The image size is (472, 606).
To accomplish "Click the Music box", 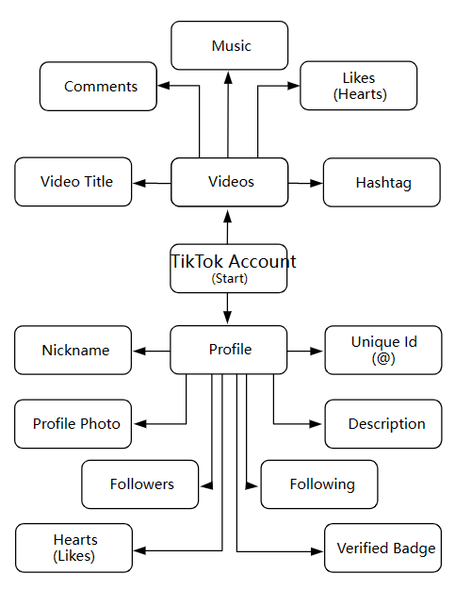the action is coord(230,45).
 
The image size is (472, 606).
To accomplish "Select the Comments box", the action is coord(98,86).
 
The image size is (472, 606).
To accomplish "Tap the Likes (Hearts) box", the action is coord(358,86).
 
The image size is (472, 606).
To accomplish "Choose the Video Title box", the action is coord(73,182).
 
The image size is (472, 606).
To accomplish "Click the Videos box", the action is coord(230,182).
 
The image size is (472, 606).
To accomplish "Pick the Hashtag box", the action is coord(382,183).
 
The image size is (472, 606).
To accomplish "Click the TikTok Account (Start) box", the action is coord(229,269).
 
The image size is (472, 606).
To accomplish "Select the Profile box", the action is coord(229,350).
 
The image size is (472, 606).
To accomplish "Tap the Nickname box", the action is coord(73,351).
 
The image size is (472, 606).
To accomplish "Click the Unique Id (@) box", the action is coord(383,351).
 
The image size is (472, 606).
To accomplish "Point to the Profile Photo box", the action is coord(73,424).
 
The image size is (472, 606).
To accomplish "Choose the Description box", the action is coord(383,424).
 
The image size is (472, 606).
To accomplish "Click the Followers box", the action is coord(139,484).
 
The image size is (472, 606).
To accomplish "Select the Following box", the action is coord(319,484).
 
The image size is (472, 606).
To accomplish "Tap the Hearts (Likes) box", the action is coord(73,548).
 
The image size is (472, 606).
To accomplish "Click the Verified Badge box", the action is coord(382,548).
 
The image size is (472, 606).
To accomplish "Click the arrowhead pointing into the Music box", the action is coord(228,77).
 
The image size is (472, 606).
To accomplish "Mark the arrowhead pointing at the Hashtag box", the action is coord(317,183).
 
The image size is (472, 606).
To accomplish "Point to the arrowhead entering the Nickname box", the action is coord(139,351).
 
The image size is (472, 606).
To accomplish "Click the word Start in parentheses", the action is coord(230,278).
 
